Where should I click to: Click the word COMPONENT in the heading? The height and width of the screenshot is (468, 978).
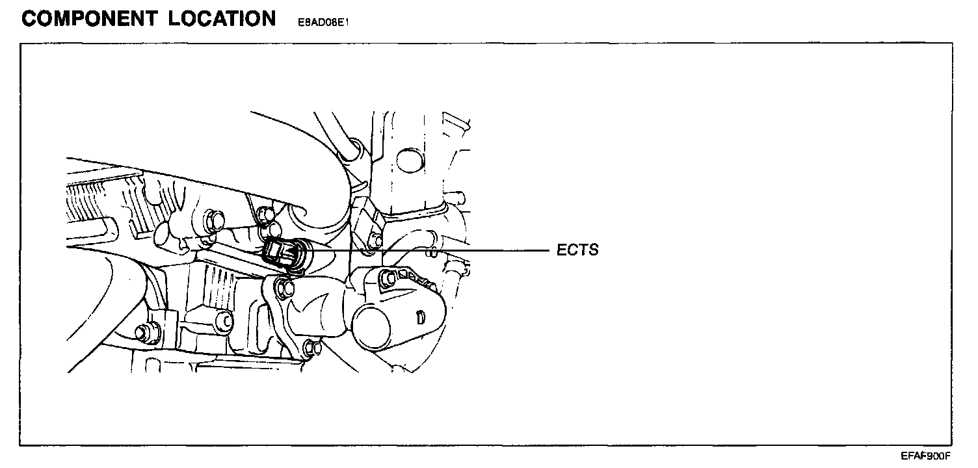(90, 18)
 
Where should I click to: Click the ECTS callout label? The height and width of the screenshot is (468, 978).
(577, 250)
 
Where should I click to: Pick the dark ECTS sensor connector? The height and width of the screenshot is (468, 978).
(278, 253)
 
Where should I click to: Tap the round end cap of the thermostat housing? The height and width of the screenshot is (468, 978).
(371, 323)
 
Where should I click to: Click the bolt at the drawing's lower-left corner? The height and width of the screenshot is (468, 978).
(141, 333)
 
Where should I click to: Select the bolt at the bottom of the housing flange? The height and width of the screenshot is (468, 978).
(311, 349)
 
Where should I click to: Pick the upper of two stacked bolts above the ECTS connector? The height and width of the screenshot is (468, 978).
(265, 213)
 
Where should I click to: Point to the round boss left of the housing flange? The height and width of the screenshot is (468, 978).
(222, 320)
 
